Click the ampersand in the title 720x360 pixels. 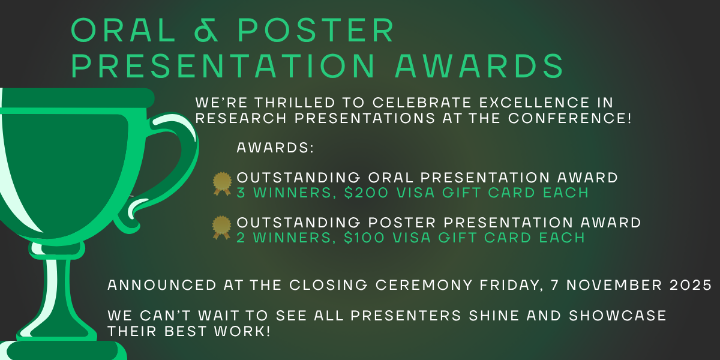[206, 30]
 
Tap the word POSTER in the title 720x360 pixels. [316, 30]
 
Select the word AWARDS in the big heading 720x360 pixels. [479, 65]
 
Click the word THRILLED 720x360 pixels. [295, 103]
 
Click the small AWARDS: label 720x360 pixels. [275, 148]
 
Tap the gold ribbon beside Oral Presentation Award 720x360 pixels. [222, 184]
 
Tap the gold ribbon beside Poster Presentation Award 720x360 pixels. [222, 227]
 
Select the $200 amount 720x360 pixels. [366, 193]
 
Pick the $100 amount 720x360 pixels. [364, 238]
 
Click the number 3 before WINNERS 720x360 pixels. [241, 193]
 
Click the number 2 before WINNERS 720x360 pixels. [241, 238]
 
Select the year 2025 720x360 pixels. [691, 285]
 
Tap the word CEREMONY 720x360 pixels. [424, 285]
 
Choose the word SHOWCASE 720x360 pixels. [617, 316]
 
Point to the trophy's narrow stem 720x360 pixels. [57, 289]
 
